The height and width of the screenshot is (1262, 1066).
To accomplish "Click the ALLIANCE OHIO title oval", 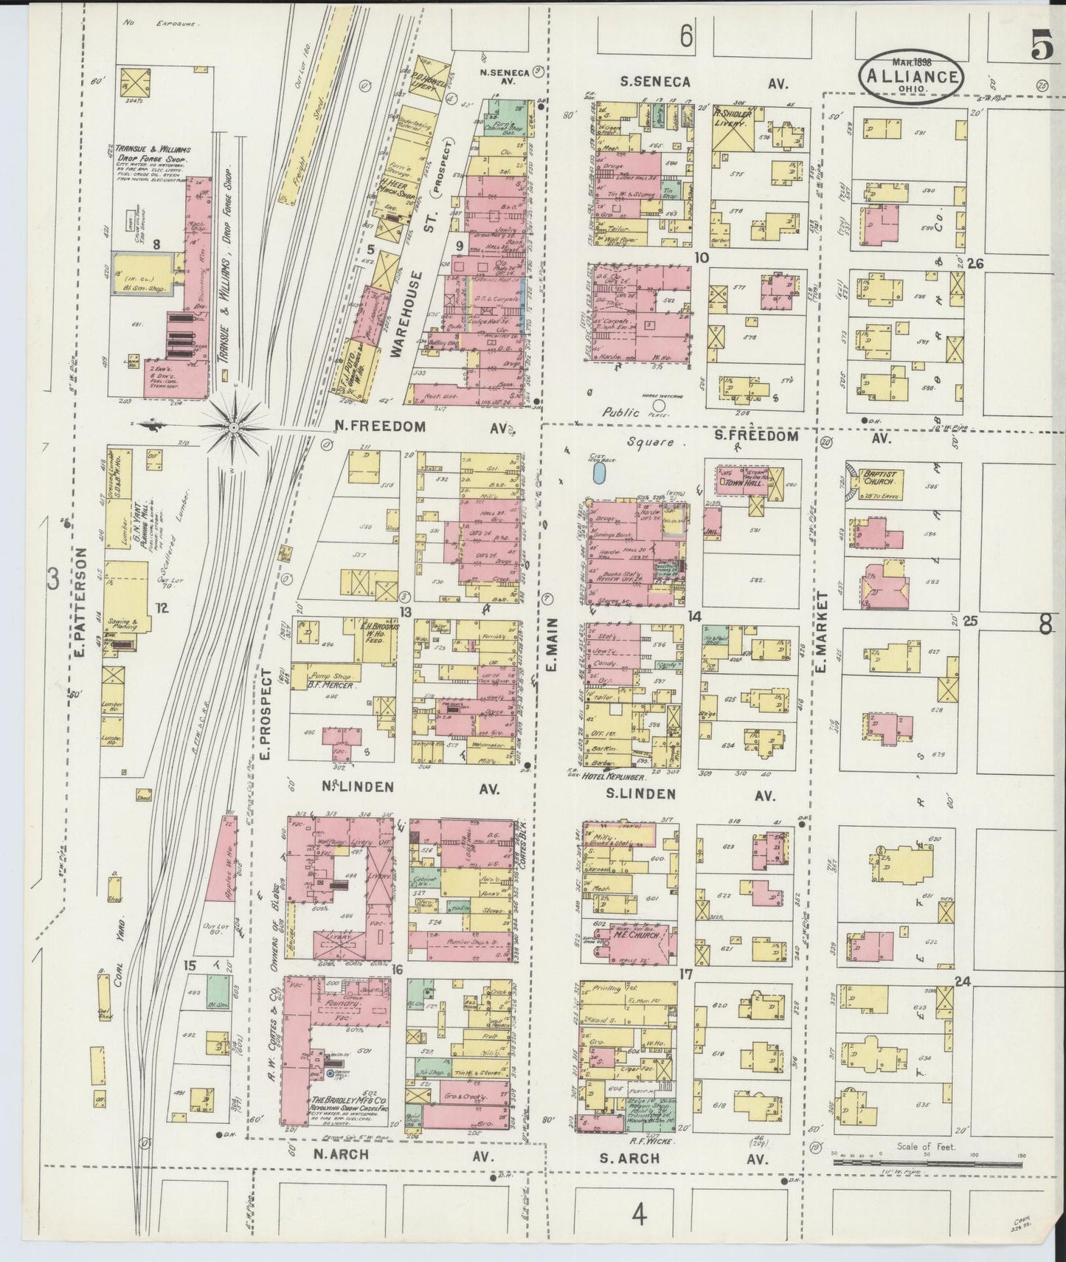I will pyautogui.click(x=912, y=75).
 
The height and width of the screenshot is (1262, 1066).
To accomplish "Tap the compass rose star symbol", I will pyautogui.click(x=233, y=427).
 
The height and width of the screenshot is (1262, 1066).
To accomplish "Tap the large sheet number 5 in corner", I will pyautogui.click(x=1041, y=48).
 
